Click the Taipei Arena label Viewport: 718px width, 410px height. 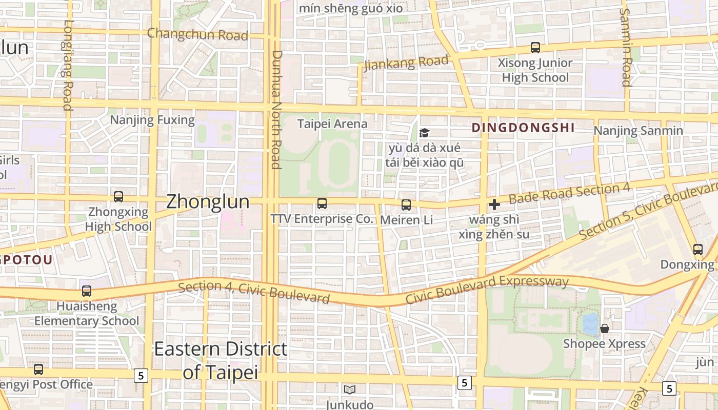332,124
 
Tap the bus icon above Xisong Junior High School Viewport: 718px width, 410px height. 535,48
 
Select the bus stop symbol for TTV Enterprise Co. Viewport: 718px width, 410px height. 322,203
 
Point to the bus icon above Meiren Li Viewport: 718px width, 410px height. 406,205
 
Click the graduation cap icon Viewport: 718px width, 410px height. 424,133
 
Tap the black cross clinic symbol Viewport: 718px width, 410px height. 494,205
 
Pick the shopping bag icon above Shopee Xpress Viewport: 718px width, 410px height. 605,328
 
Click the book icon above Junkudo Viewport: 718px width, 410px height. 350,389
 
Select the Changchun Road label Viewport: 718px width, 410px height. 197,35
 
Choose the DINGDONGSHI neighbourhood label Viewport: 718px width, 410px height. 523,128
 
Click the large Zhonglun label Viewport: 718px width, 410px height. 208,201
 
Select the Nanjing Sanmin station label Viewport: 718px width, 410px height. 638,131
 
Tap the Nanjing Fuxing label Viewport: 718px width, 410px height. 153,120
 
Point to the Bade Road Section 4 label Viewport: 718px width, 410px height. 569,193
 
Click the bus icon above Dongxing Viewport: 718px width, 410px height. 698,250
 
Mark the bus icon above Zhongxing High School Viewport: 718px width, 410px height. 118,196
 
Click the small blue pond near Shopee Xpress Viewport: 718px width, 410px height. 591,324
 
